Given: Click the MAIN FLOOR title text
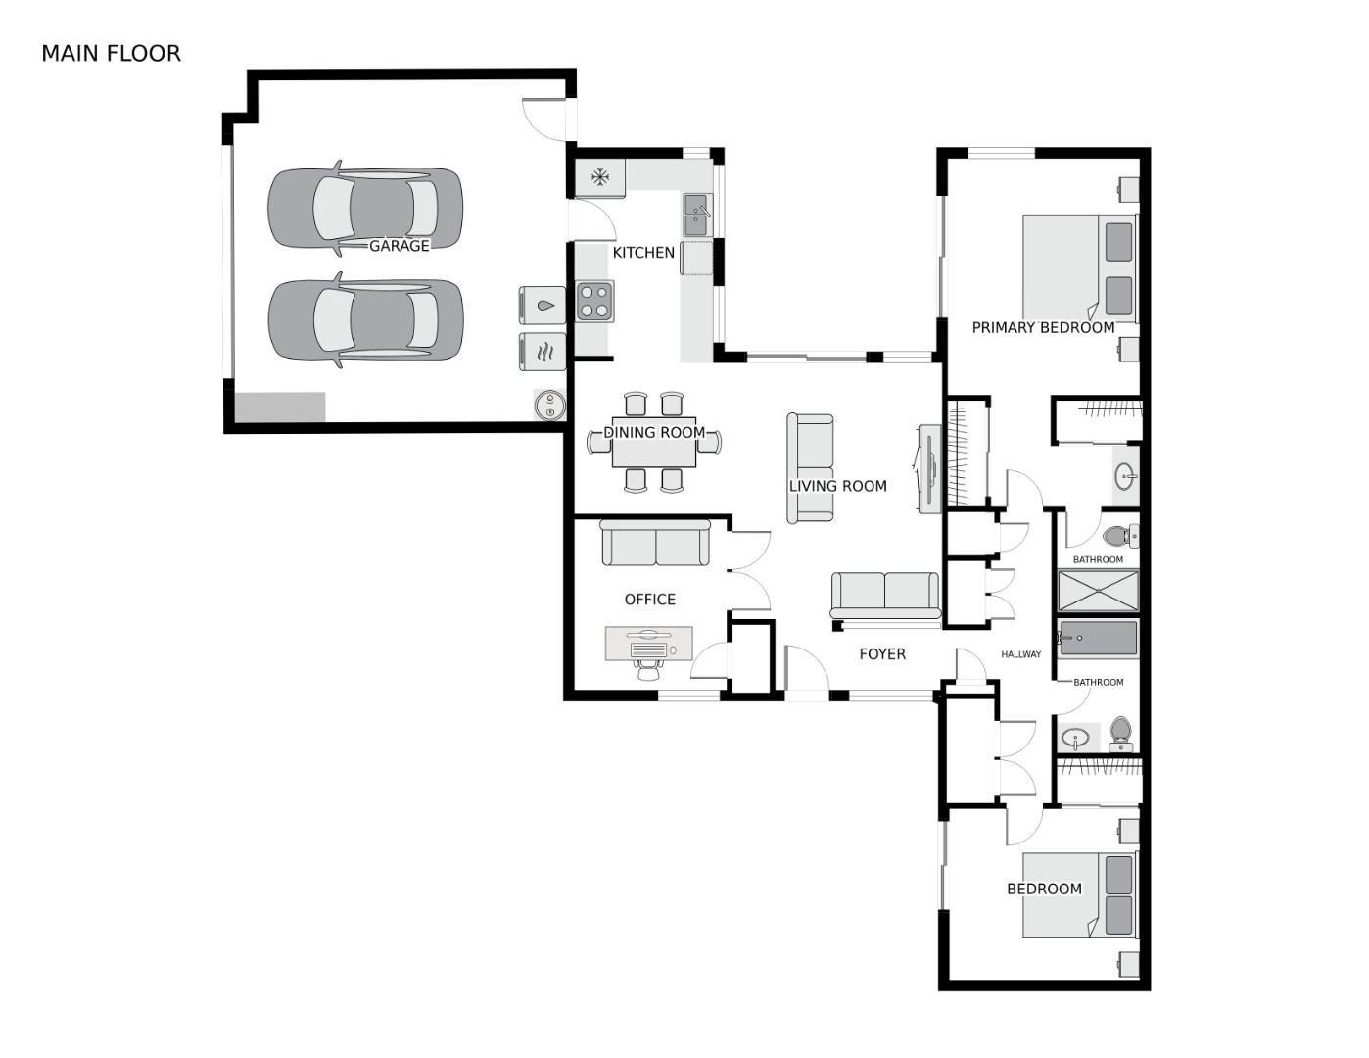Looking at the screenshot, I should pyautogui.click(x=111, y=53).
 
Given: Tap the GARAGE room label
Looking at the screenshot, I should pyautogui.click(x=399, y=246).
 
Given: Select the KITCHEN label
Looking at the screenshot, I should pyautogui.click(x=643, y=253).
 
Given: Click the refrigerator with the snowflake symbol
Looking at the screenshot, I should pyautogui.click(x=599, y=177).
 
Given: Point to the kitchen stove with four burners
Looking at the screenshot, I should pyautogui.click(x=594, y=301).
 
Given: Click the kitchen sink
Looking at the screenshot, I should pyautogui.click(x=697, y=214).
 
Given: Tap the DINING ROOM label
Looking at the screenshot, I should pyautogui.click(x=654, y=432).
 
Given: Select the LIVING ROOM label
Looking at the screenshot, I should pyautogui.click(x=838, y=486).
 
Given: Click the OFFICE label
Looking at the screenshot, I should pyautogui.click(x=650, y=600).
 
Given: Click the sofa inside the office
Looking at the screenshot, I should pyautogui.click(x=655, y=543).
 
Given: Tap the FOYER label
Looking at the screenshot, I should pyautogui.click(x=882, y=654).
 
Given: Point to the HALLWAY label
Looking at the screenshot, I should pyautogui.click(x=1021, y=654).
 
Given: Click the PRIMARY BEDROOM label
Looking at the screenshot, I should pyautogui.click(x=1043, y=328).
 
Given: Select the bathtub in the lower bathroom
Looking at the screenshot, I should pyautogui.click(x=1098, y=638).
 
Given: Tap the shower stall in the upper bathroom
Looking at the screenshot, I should pyautogui.click(x=1098, y=591).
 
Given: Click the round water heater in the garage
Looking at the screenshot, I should pyautogui.click(x=549, y=405).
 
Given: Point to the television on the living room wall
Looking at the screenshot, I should pyautogui.click(x=929, y=467).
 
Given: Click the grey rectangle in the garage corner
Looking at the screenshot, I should pyautogui.click(x=280, y=408).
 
